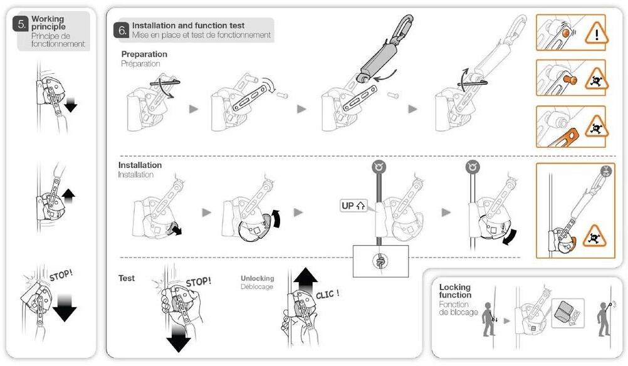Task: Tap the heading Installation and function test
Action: point(188,26)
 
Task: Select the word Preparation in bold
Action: point(144,55)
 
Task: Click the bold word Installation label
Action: point(140,165)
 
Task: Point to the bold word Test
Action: point(127,278)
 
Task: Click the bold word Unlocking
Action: point(257,278)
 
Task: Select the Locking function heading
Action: point(454,291)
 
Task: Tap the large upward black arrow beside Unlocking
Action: point(306,281)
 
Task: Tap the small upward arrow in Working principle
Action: point(69,195)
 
